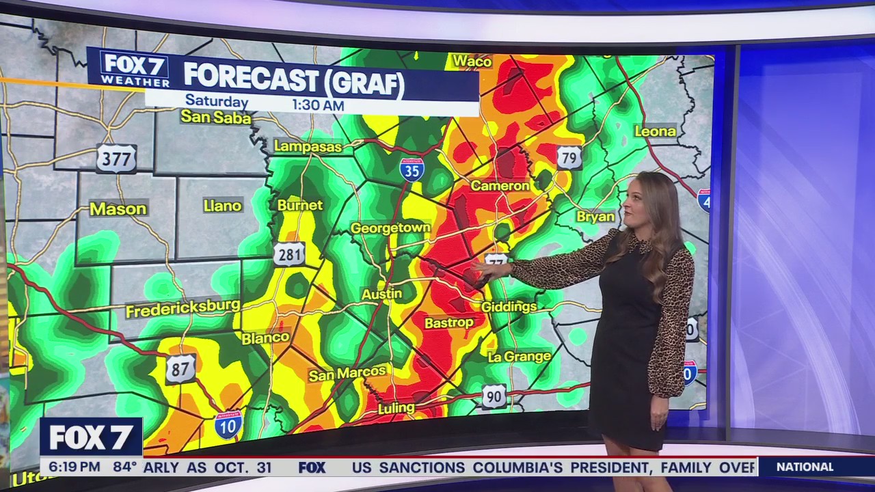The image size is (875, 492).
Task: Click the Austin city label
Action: pos(381,294)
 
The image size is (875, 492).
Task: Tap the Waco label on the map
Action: pos(472,61)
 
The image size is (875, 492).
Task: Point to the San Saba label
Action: pos(216,118)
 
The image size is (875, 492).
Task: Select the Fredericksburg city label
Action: pos(183,309)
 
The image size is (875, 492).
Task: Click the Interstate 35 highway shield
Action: pos(412,168)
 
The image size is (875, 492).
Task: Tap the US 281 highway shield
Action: pos(289,254)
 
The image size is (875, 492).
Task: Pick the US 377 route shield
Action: pos(116,158)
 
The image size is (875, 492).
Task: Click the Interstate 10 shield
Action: pos(228,424)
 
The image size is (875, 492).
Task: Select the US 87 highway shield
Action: pos(180,369)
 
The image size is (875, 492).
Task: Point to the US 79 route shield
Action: pos(569,157)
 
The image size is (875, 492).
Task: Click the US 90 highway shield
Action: pos(494,396)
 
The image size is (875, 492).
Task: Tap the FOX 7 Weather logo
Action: pos(135,69)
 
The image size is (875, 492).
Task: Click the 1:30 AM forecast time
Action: pos(318,105)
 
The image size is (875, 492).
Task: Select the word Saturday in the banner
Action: pos(217,102)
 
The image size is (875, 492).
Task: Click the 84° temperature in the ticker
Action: pos(125,467)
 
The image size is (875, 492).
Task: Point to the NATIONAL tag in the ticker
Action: pos(805,467)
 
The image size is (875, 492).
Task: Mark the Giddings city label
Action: pos(509,307)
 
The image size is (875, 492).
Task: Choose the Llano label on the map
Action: pos(222,206)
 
